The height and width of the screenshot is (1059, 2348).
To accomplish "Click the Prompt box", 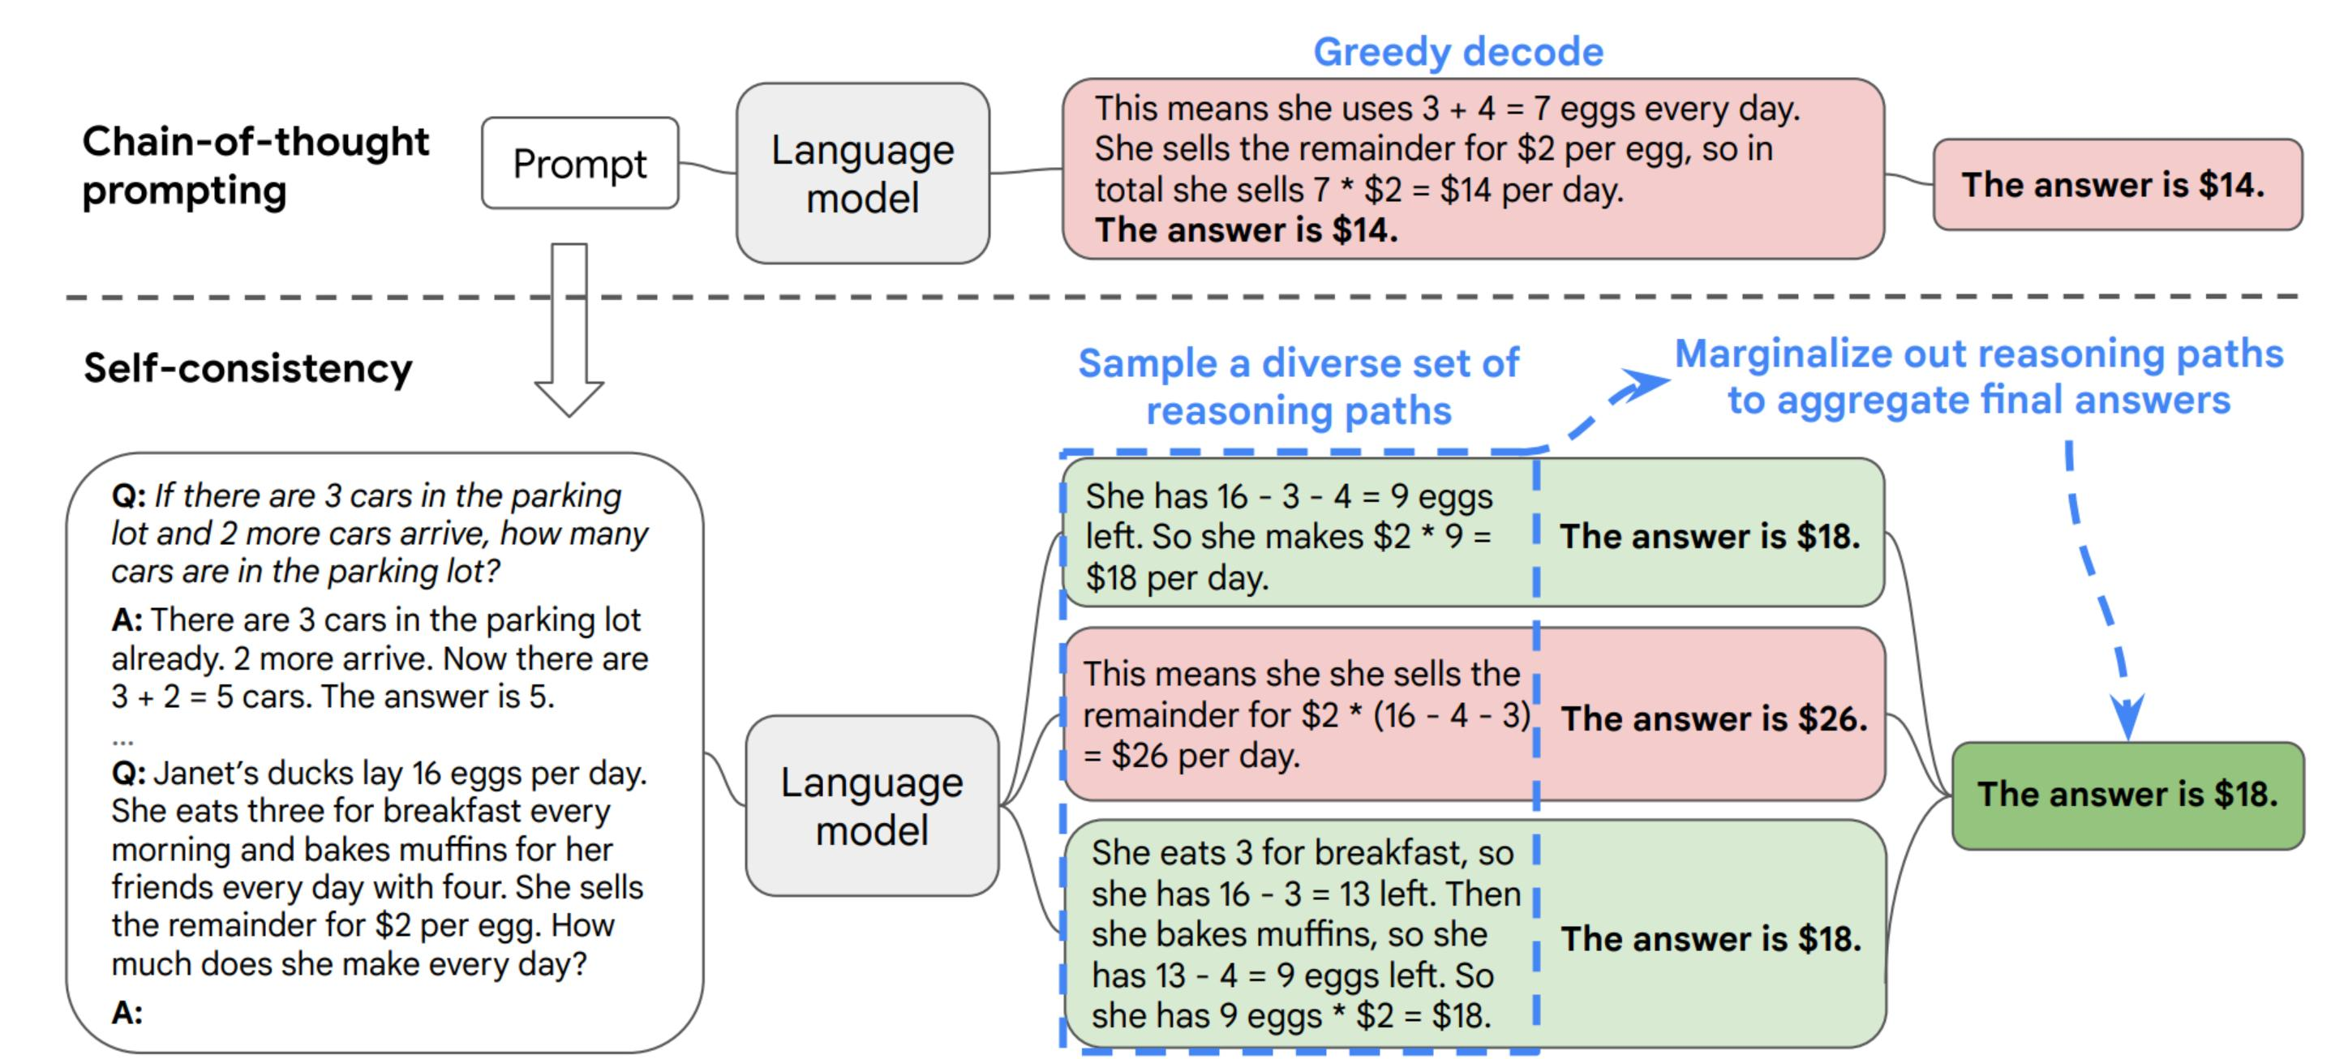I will point(580,163).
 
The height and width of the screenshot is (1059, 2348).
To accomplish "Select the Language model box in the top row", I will point(862,174).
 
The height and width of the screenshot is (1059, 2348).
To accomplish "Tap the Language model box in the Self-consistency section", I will point(871,806).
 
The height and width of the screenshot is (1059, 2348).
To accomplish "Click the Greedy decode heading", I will point(1457,52).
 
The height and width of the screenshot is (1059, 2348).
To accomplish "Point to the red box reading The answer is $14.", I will point(2117,185).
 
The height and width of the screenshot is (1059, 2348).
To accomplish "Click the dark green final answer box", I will point(2127,795).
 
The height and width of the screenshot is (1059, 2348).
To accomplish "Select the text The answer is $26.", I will point(1714,719).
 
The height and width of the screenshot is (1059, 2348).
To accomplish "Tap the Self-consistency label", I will point(248,368).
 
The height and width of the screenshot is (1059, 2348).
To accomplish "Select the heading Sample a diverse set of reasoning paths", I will point(1298,387).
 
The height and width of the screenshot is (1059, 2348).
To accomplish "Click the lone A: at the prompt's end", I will point(127,1013).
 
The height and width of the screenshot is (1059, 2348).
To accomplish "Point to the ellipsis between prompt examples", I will point(122,740).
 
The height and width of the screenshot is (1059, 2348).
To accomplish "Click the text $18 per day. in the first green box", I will point(1176,578).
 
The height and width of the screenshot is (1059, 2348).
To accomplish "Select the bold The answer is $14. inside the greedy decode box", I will point(1246,230).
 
